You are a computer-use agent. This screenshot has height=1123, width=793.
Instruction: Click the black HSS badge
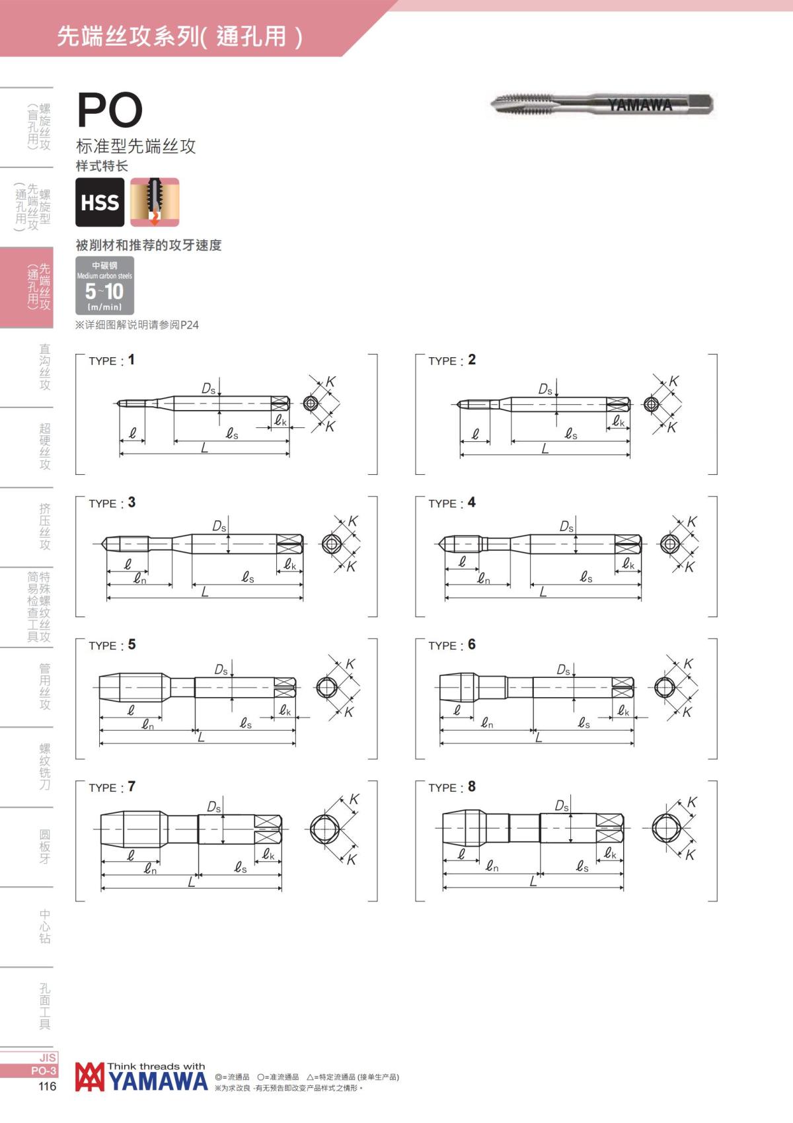coord(100,202)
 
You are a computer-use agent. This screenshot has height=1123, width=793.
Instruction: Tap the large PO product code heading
coord(110,110)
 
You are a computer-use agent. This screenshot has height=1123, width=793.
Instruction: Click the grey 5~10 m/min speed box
coord(104,285)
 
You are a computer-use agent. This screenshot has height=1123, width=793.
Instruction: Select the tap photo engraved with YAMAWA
coord(601,104)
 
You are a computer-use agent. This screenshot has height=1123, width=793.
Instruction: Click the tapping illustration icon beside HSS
coord(154,202)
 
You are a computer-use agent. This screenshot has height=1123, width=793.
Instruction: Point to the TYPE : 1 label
coord(111,360)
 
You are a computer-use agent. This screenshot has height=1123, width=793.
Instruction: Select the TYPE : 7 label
coord(112,787)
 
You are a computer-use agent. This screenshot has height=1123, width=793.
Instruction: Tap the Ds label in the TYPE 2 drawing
coord(545,389)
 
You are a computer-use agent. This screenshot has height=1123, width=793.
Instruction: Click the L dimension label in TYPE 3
coord(204,592)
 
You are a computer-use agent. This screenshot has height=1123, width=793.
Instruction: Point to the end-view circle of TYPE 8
coord(665,828)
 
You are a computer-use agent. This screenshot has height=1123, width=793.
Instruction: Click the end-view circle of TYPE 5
coord(326,687)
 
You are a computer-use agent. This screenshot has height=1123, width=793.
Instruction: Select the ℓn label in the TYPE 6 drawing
coord(487,723)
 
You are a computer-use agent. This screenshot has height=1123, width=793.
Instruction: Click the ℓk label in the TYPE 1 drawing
coord(281,421)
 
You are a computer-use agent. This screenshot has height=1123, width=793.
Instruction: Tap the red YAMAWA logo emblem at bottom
coord(90,1077)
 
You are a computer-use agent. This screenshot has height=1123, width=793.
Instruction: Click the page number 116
coord(48,1087)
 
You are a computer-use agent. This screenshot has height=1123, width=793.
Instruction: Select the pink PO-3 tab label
coord(44,1071)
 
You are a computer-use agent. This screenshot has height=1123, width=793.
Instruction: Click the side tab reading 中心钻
coord(44,927)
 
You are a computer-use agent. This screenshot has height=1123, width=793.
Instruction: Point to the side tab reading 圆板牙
coord(44,847)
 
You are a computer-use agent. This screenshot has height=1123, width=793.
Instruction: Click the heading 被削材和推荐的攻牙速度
coord(149,245)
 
